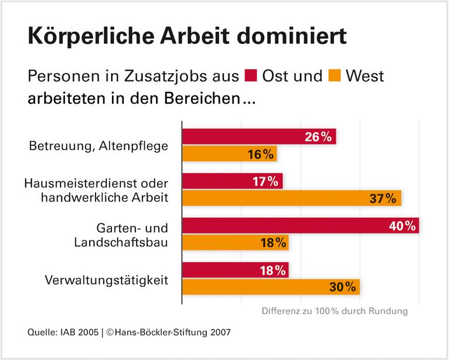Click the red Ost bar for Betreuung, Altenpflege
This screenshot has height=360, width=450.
(x=258, y=136)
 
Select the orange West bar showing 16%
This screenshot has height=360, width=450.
(x=229, y=154)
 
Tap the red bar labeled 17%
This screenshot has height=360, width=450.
(x=232, y=181)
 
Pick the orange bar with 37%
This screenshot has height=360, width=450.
(x=291, y=198)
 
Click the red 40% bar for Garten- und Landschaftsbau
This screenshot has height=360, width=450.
(x=300, y=225)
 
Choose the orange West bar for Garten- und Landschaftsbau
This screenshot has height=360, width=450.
(x=235, y=243)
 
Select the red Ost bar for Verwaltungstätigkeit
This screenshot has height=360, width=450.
(x=235, y=270)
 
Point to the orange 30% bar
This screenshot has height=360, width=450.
(x=270, y=287)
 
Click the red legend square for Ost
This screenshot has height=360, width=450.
(x=251, y=76)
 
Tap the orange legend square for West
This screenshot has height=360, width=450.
(x=335, y=76)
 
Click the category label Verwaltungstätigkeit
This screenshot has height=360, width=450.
(x=107, y=280)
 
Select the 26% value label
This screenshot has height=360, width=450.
(x=318, y=137)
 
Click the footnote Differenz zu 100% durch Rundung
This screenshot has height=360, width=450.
(x=334, y=311)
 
